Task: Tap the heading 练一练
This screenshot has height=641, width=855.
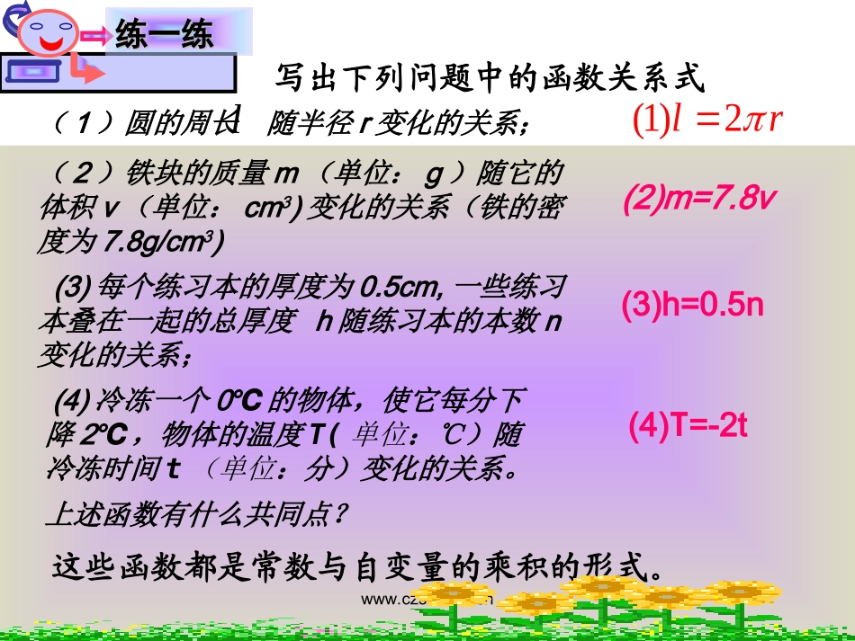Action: (165, 35)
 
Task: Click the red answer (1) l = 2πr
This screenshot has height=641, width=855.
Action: (706, 120)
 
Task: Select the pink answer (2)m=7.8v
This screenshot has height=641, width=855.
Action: (698, 200)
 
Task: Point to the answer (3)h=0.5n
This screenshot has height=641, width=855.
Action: (692, 305)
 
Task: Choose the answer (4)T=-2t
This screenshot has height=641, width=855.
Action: (688, 425)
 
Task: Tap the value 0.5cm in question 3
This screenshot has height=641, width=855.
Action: (397, 288)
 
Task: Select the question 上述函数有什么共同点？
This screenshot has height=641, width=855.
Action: (196, 515)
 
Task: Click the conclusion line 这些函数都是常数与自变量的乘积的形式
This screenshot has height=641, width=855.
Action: (358, 566)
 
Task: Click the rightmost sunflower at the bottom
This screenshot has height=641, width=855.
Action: (742, 594)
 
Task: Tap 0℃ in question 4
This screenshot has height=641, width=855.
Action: (243, 399)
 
